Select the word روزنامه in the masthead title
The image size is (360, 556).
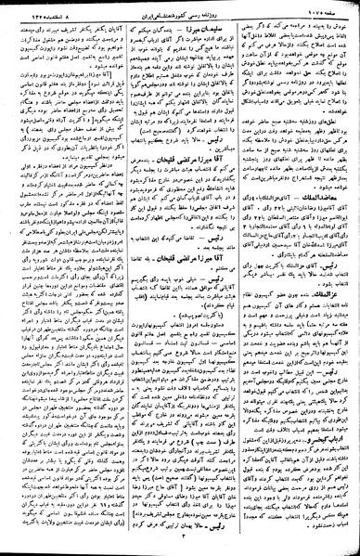tap(223, 8)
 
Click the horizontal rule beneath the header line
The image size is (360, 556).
tap(180, 17)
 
